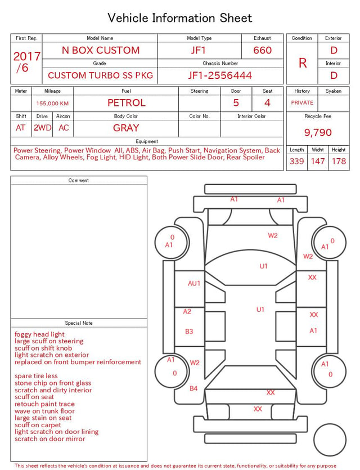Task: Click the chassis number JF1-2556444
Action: (x=220, y=75)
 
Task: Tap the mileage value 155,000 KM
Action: (x=52, y=104)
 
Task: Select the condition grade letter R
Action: (x=303, y=63)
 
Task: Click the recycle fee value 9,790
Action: (x=318, y=132)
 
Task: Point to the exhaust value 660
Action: (x=262, y=50)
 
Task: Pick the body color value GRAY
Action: (x=126, y=128)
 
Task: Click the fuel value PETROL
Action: (x=127, y=103)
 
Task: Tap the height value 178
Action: (x=339, y=161)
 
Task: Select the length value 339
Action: (x=296, y=161)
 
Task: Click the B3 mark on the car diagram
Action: (x=189, y=332)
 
